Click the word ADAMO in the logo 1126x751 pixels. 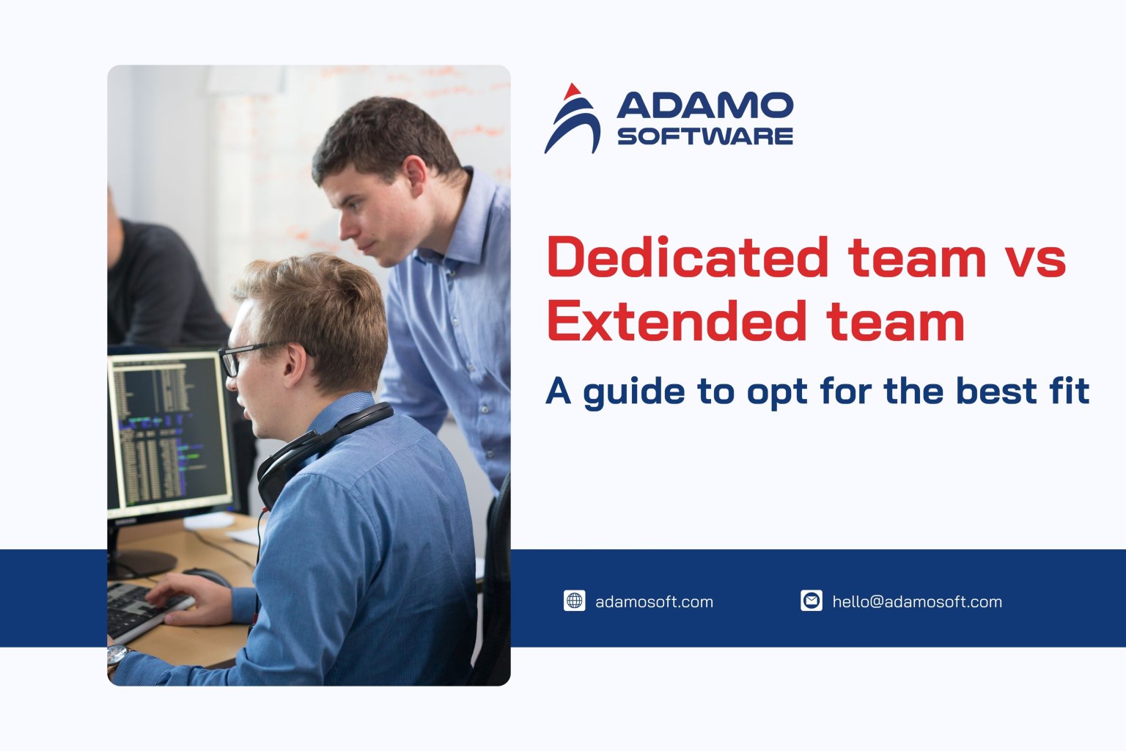(704, 106)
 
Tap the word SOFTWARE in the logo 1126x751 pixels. (704, 136)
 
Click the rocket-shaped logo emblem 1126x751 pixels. (572, 119)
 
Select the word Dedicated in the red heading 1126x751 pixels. (687, 257)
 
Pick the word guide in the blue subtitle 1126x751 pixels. (633, 392)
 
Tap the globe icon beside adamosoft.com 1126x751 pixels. (574, 601)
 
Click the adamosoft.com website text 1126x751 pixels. (654, 602)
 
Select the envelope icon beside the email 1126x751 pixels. (811, 601)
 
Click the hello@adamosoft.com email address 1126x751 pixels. (917, 602)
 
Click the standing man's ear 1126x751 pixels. (415, 178)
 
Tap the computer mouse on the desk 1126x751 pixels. (206, 576)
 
